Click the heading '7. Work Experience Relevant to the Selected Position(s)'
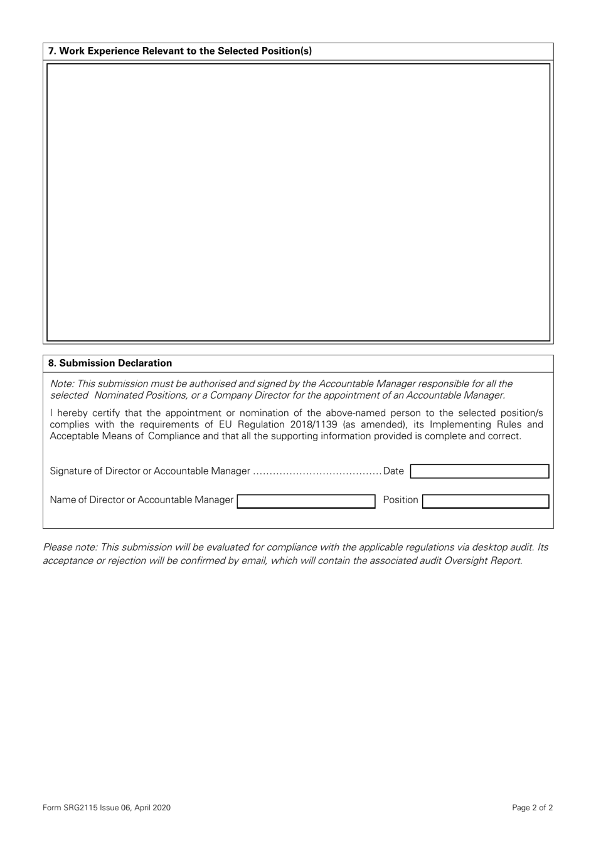pos(180,51)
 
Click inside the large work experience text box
pos(298,202)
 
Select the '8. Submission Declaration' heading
pos(110,363)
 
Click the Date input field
pos(479,471)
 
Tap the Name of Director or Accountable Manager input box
pos(306,501)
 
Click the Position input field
pos(486,501)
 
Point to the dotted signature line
pos(317,472)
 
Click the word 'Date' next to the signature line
pos(394,471)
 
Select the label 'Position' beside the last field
pos(400,500)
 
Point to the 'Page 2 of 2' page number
pos(532,808)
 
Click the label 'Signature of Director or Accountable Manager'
pos(150,471)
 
